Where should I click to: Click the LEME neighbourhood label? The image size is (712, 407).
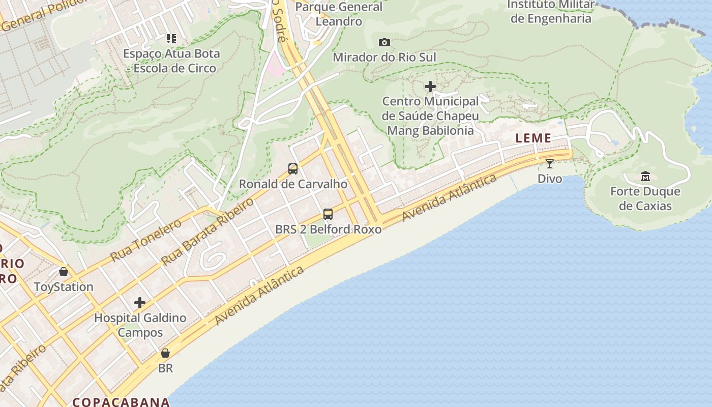(533, 138)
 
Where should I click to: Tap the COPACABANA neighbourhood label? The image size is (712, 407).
(121, 402)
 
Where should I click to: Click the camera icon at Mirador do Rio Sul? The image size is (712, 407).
(384, 42)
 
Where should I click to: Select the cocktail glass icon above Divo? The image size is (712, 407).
(550, 163)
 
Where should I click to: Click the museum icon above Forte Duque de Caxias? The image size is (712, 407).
(645, 177)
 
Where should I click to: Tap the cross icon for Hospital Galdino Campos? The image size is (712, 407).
(140, 303)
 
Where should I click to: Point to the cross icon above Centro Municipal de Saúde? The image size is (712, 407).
(430, 86)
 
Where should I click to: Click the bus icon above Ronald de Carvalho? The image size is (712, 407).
(293, 169)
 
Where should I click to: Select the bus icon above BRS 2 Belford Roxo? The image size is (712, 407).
(328, 214)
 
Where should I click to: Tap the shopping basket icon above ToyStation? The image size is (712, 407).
(64, 272)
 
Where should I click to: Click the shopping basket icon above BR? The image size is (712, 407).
(165, 353)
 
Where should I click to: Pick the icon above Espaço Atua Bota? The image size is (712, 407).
(171, 38)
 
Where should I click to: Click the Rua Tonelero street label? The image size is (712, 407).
(145, 240)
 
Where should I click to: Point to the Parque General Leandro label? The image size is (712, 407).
(339, 14)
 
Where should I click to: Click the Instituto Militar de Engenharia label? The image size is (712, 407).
(551, 12)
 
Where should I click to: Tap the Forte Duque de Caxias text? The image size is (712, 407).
(645, 199)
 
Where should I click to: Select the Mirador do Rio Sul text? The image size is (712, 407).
(384, 57)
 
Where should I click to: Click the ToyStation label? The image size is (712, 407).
(64, 287)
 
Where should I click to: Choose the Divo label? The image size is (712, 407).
(550, 179)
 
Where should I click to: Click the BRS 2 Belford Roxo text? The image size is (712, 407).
(328, 229)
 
